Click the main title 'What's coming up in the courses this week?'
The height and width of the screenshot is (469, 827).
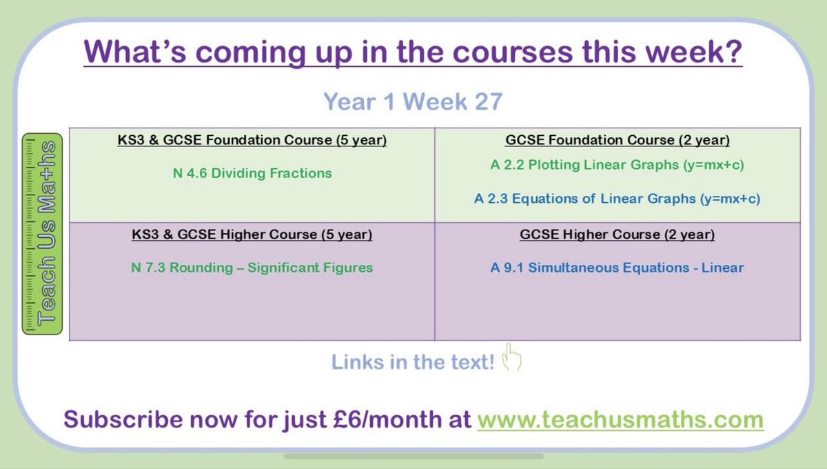click(x=413, y=52)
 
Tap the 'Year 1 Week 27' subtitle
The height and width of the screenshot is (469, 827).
click(x=413, y=102)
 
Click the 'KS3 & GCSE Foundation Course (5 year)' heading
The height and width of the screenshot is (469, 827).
click(x=252, y=141)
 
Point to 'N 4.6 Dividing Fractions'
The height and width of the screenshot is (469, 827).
click(x=252, y=173)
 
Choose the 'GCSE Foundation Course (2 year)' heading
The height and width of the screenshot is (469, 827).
click(x=617, y=141)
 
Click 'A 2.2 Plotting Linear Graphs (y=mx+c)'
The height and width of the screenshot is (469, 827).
click(x=617, y=166)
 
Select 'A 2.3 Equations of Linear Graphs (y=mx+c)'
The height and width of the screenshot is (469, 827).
click(x=617, y=199)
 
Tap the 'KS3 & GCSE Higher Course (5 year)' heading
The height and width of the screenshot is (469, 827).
click(x=252, y=234)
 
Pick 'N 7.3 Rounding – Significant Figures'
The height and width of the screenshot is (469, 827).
click(x=252, y=268)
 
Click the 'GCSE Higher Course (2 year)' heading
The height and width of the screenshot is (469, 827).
click(x=617, y=234)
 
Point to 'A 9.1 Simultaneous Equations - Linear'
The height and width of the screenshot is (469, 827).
click(x=617, y=268)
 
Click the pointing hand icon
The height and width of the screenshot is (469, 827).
click(x=512, y=359)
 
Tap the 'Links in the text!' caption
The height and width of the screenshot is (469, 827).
click(x=413, y=362)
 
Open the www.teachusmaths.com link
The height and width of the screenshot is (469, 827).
click(x=620, y=419)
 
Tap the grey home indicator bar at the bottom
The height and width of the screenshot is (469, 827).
click(x=413, y=456)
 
